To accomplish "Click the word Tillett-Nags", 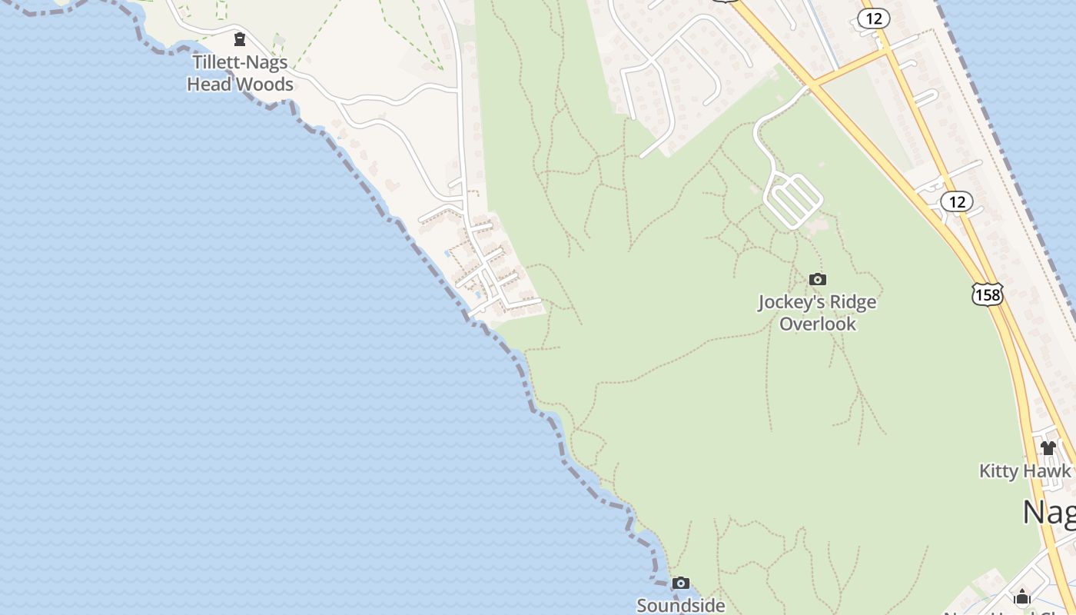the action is (240, 62).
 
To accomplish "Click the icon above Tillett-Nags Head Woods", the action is (240, 38).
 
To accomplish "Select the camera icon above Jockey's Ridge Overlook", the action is (818, 279).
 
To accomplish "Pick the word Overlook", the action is (818, 324).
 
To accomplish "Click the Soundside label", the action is (680, 606).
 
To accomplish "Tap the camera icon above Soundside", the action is (680, 583).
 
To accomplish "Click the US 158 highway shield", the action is (987, 294).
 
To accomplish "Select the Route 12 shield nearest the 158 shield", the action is (956, 201).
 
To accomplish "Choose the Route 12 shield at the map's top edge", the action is (873, 18).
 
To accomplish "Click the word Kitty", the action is (998, 470).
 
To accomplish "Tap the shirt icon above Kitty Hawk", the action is (1048, 447).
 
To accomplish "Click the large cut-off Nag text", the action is (1049, 512).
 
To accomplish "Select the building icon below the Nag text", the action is (1021, 597).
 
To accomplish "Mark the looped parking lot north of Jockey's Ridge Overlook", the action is (792, 200).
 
